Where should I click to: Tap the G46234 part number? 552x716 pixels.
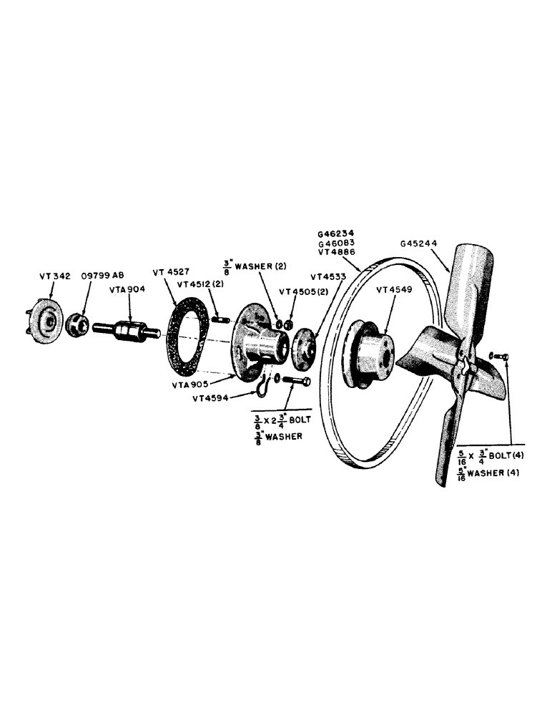coord(336,233)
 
